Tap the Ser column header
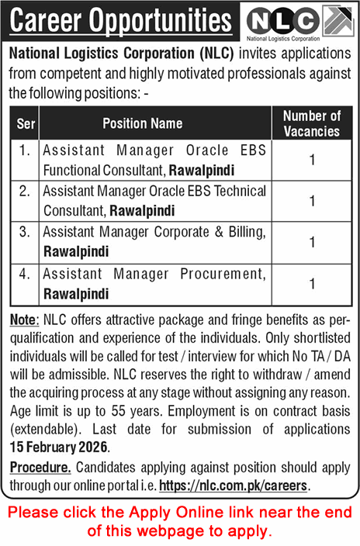click(24, 123)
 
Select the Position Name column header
click(154, 123)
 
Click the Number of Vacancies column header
click(311, 123)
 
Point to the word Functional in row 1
click(71, 168)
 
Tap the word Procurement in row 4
click(223, 273)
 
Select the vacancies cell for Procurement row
click(311, 284)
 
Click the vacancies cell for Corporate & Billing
click(311, 242)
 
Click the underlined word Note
click(23, 320)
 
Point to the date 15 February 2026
click(60, 448)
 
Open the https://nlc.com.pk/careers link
click(234, 486)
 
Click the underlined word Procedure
click(40, 468)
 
